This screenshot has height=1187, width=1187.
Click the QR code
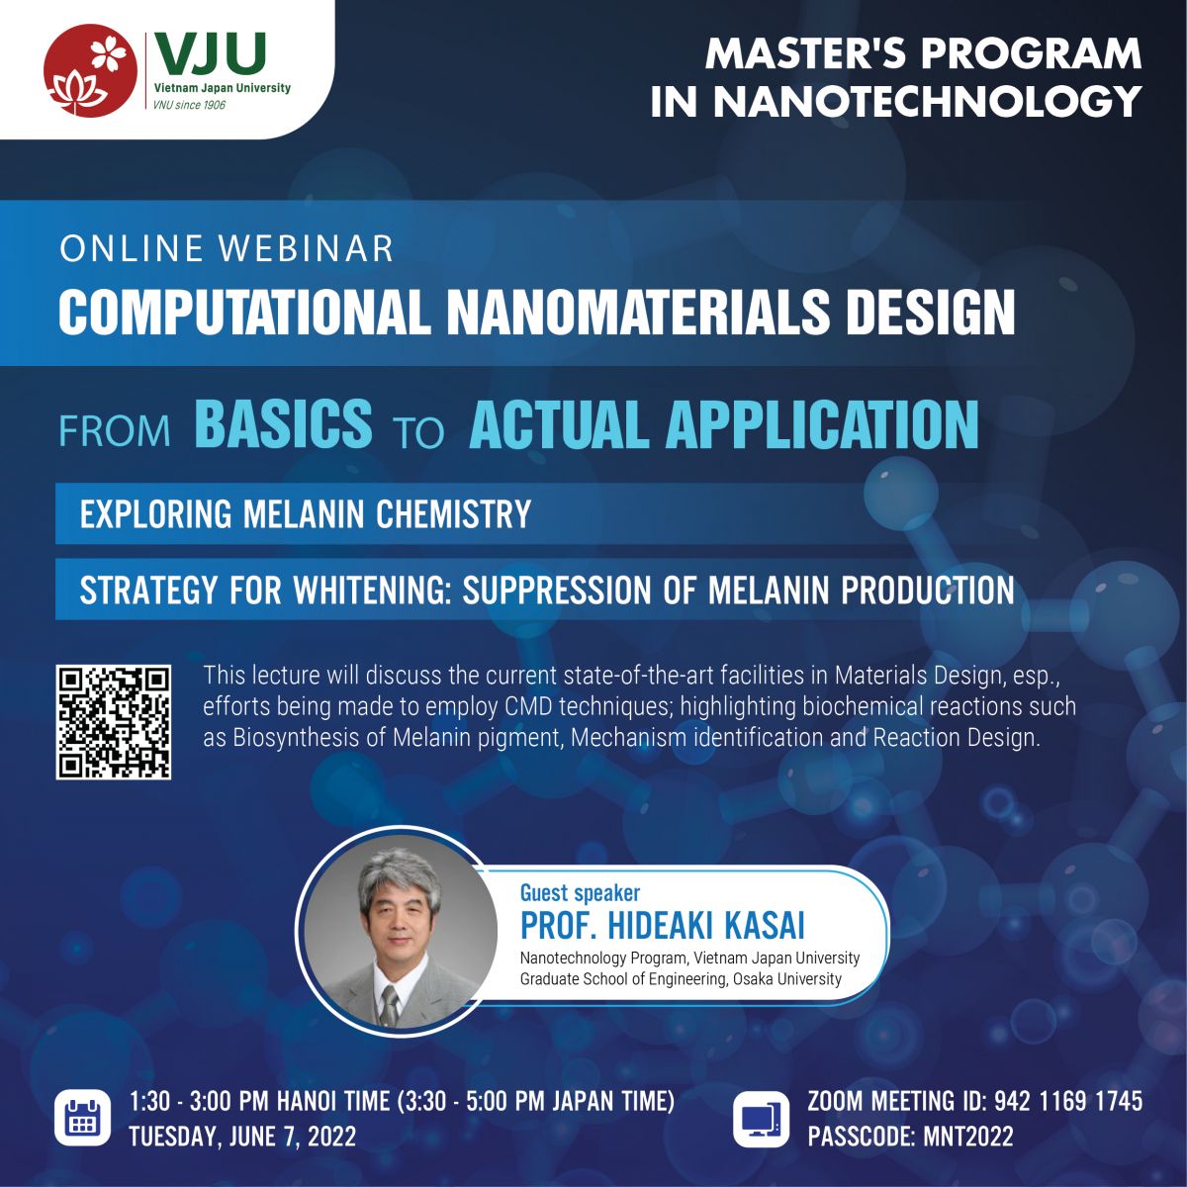pyautogui.click(x=114, y=722)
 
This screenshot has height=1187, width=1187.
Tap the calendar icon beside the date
pyautogui.click(x=82, y=1118)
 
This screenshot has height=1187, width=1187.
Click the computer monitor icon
pyautogui.click(x=761, y=1118)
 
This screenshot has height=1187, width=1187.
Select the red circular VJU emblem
pyautogui.click(x=91, y=71)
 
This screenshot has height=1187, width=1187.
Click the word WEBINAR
pyautogui.click(x=306, y=248)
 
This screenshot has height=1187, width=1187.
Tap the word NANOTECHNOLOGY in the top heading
pyautogui.click(x=927, y=101)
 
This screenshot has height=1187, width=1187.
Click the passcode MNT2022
pyautogui.click(x=968, y=1137)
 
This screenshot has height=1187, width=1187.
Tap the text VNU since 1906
pyautogui.click(x=189, y=105)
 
